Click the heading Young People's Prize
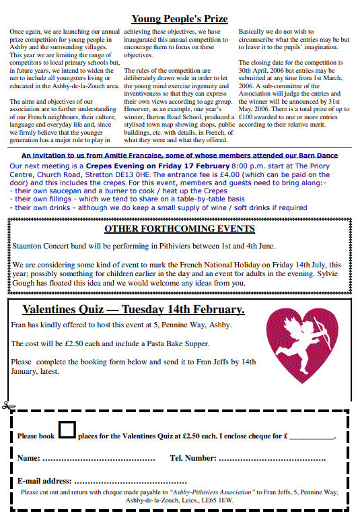tap(179, 19)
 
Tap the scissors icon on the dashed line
tap(7, 406)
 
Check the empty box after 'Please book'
tap(67, 430)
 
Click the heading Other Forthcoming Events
tap(179, 229)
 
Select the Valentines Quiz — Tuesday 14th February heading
tap(133, 310)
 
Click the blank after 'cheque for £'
tap(312, 437)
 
